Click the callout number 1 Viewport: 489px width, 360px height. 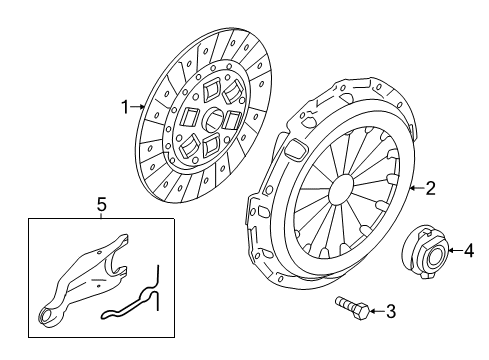[125, 107]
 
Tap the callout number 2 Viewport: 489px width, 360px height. [431, 188]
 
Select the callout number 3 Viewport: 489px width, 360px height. [391, 311]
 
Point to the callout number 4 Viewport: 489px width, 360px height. [469, 250]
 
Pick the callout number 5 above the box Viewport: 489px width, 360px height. [102, 204]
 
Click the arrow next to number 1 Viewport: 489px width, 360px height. [137, 107]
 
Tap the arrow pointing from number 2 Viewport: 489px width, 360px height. [417, 188]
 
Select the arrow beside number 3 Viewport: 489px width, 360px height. [377, 311]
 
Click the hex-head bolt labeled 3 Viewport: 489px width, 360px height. [353, 308]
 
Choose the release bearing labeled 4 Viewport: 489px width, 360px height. [425, 252]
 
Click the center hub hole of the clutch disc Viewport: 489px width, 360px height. [213, 120]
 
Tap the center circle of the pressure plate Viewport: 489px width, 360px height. [341, 191]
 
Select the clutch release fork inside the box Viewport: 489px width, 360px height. [82, 280]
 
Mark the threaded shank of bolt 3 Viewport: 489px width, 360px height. [346, 303]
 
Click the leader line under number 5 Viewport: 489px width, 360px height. [102, 215]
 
